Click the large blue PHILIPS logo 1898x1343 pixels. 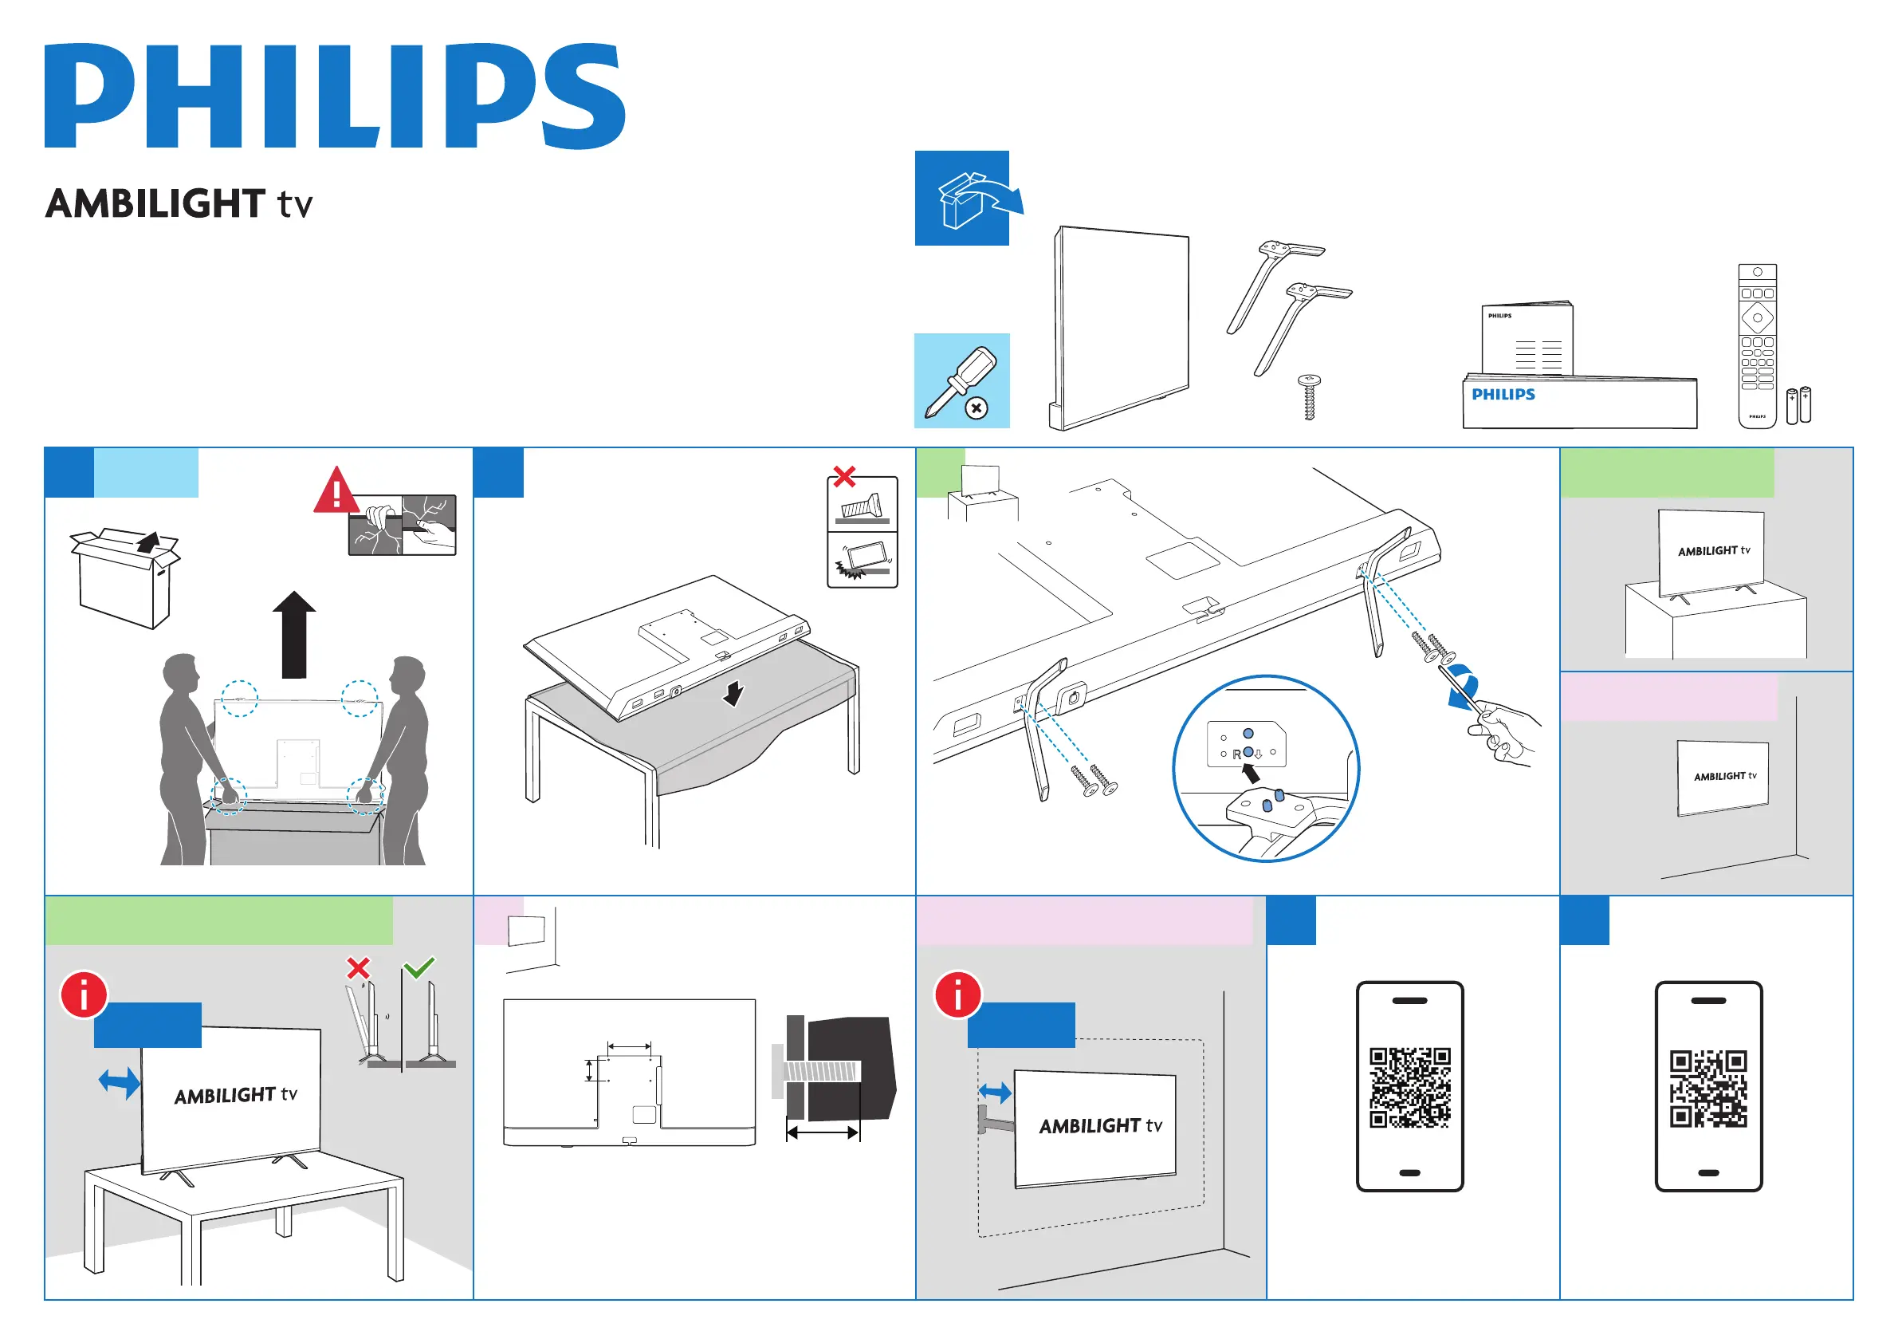pyautogui.click(x=335, y=96)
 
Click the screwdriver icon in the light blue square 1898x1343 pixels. pyautogui.click(x=961, y=381)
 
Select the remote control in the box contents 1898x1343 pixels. pyautogui.click(x=1757, y=345)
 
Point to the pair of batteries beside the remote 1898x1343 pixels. pyautogui.click(x=1798, y=405)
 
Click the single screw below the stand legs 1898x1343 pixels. pyautogui.click(x=1309, y=397)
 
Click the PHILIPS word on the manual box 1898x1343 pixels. pyautogui.click(x=1503, y=395)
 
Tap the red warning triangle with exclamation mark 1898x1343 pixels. pyautogui.click(x=336, y=491)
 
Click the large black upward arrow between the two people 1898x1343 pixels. pyautogui.click(x=294, y=634)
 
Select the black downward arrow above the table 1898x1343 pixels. pyautogui.click(x=733, y=694)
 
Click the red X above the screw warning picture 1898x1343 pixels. pyautogui.click(x=844, y=476)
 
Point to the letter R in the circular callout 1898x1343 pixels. pyautogui.click(x=1236, y=754)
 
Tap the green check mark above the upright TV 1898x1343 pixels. pyautogui.click(x=419, y=967)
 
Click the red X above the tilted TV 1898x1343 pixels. pyautogui.click(x=358, y=967)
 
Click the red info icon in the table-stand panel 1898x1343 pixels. pyautogui.click(x=84, y=994)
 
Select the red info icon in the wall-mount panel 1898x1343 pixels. pyautogui.click(x=957, y=994)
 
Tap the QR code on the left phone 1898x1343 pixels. pyautogui.click(x=1409, y=1088)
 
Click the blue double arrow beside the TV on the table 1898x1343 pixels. pyautogui.click(x=119, y=1082)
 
